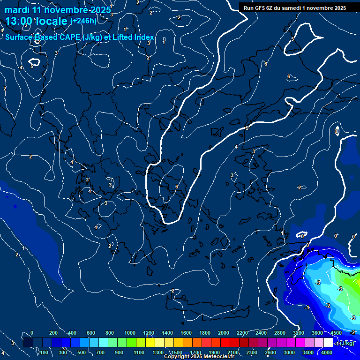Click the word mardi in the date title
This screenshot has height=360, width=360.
[17, 10]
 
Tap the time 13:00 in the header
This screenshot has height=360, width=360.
[21, 21]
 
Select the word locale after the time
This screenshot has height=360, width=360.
[54, 21]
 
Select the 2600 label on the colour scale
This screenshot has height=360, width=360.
[270, 352]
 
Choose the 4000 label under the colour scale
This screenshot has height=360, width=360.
[327, 352]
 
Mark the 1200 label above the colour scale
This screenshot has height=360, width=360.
[148, 333]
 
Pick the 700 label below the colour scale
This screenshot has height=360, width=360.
[100, 352]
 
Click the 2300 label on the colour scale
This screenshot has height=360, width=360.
[251, 352]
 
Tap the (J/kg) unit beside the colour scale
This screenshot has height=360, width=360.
[346, 344]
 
